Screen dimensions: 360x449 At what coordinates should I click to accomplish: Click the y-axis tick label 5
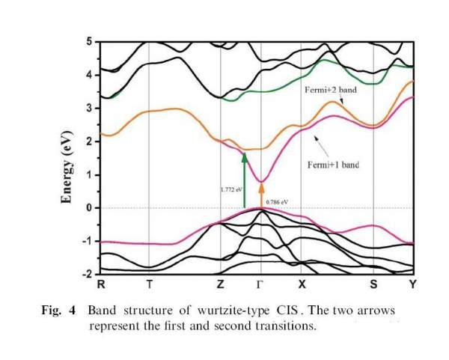(88, 41)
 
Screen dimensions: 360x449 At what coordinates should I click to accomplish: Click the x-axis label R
(101, 285)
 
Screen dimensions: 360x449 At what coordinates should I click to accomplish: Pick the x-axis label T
(150, 285)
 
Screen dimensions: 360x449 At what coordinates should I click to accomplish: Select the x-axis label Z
(220, 285)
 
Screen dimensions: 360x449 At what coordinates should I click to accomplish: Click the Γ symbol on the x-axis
(260, 285)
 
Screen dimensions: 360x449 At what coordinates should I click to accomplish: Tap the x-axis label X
(302, 285)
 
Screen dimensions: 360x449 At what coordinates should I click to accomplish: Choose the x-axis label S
(373, 285)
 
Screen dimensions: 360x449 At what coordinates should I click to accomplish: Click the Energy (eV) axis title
(66, 158)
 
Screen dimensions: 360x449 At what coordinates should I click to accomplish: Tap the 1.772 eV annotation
(231, 189)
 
